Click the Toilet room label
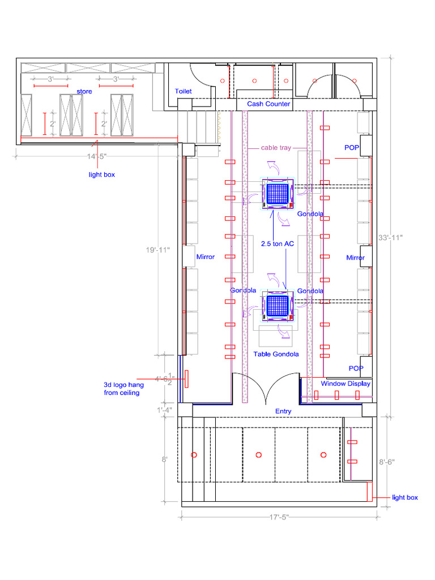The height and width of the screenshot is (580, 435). (x=183, y=91)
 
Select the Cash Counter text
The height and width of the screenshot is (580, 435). (x=268, y=104)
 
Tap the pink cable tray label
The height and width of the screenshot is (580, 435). (x=276, y=148)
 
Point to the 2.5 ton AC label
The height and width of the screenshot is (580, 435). (x=278, y=244)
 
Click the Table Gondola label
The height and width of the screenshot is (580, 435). (x=276, y=354)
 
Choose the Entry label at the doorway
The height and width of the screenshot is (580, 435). (x=283, y=411)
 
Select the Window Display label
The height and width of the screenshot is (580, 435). (x=346, y=384)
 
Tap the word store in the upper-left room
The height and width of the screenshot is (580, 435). (x=84, y=92)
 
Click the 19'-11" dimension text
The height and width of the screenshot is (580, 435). (x=158, y=249)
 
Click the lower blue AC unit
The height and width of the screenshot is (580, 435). (x=278, y=306)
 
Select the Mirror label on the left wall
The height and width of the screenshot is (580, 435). (x=205, y=257)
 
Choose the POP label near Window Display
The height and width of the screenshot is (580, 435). (x=356, y=368)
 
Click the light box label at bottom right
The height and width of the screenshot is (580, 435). (x=405, y=497)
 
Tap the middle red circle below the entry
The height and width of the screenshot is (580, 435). (x=259, y=455)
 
